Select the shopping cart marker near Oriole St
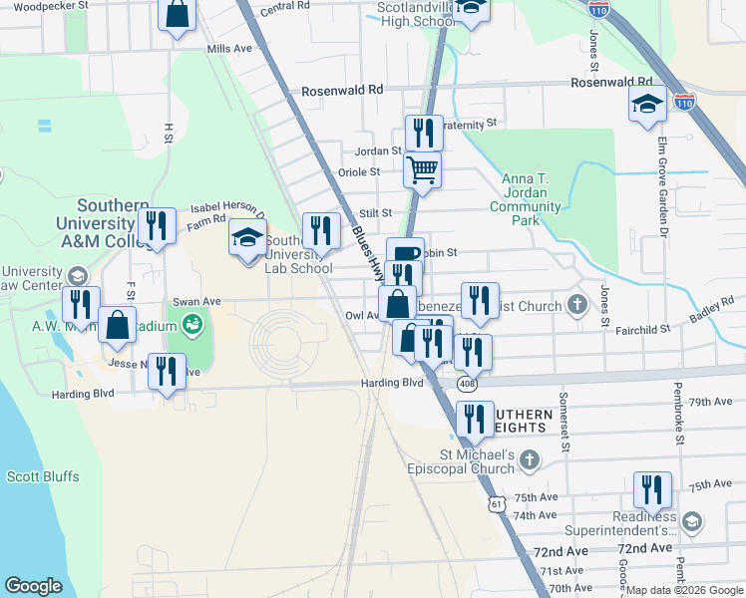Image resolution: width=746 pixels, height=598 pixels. tap(422, 171)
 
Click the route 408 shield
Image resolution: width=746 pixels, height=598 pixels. tap(466, 384)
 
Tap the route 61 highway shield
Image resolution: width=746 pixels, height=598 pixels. tap(496, 506)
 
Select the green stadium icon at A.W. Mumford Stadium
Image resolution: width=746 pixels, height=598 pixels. tap(191, 324)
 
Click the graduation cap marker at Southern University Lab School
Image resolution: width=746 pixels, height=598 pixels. tap(247, 239)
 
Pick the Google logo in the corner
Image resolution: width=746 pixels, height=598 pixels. tap(33, 585)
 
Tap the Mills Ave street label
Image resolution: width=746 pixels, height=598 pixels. tap(229, 49)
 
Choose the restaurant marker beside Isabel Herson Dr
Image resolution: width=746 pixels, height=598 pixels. tap(157, 226)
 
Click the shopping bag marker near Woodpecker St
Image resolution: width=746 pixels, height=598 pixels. tap(177, 15)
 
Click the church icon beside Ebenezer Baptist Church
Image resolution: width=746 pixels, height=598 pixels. tap(575, 303)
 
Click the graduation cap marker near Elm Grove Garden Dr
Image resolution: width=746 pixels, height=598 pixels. tap(647, 104)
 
